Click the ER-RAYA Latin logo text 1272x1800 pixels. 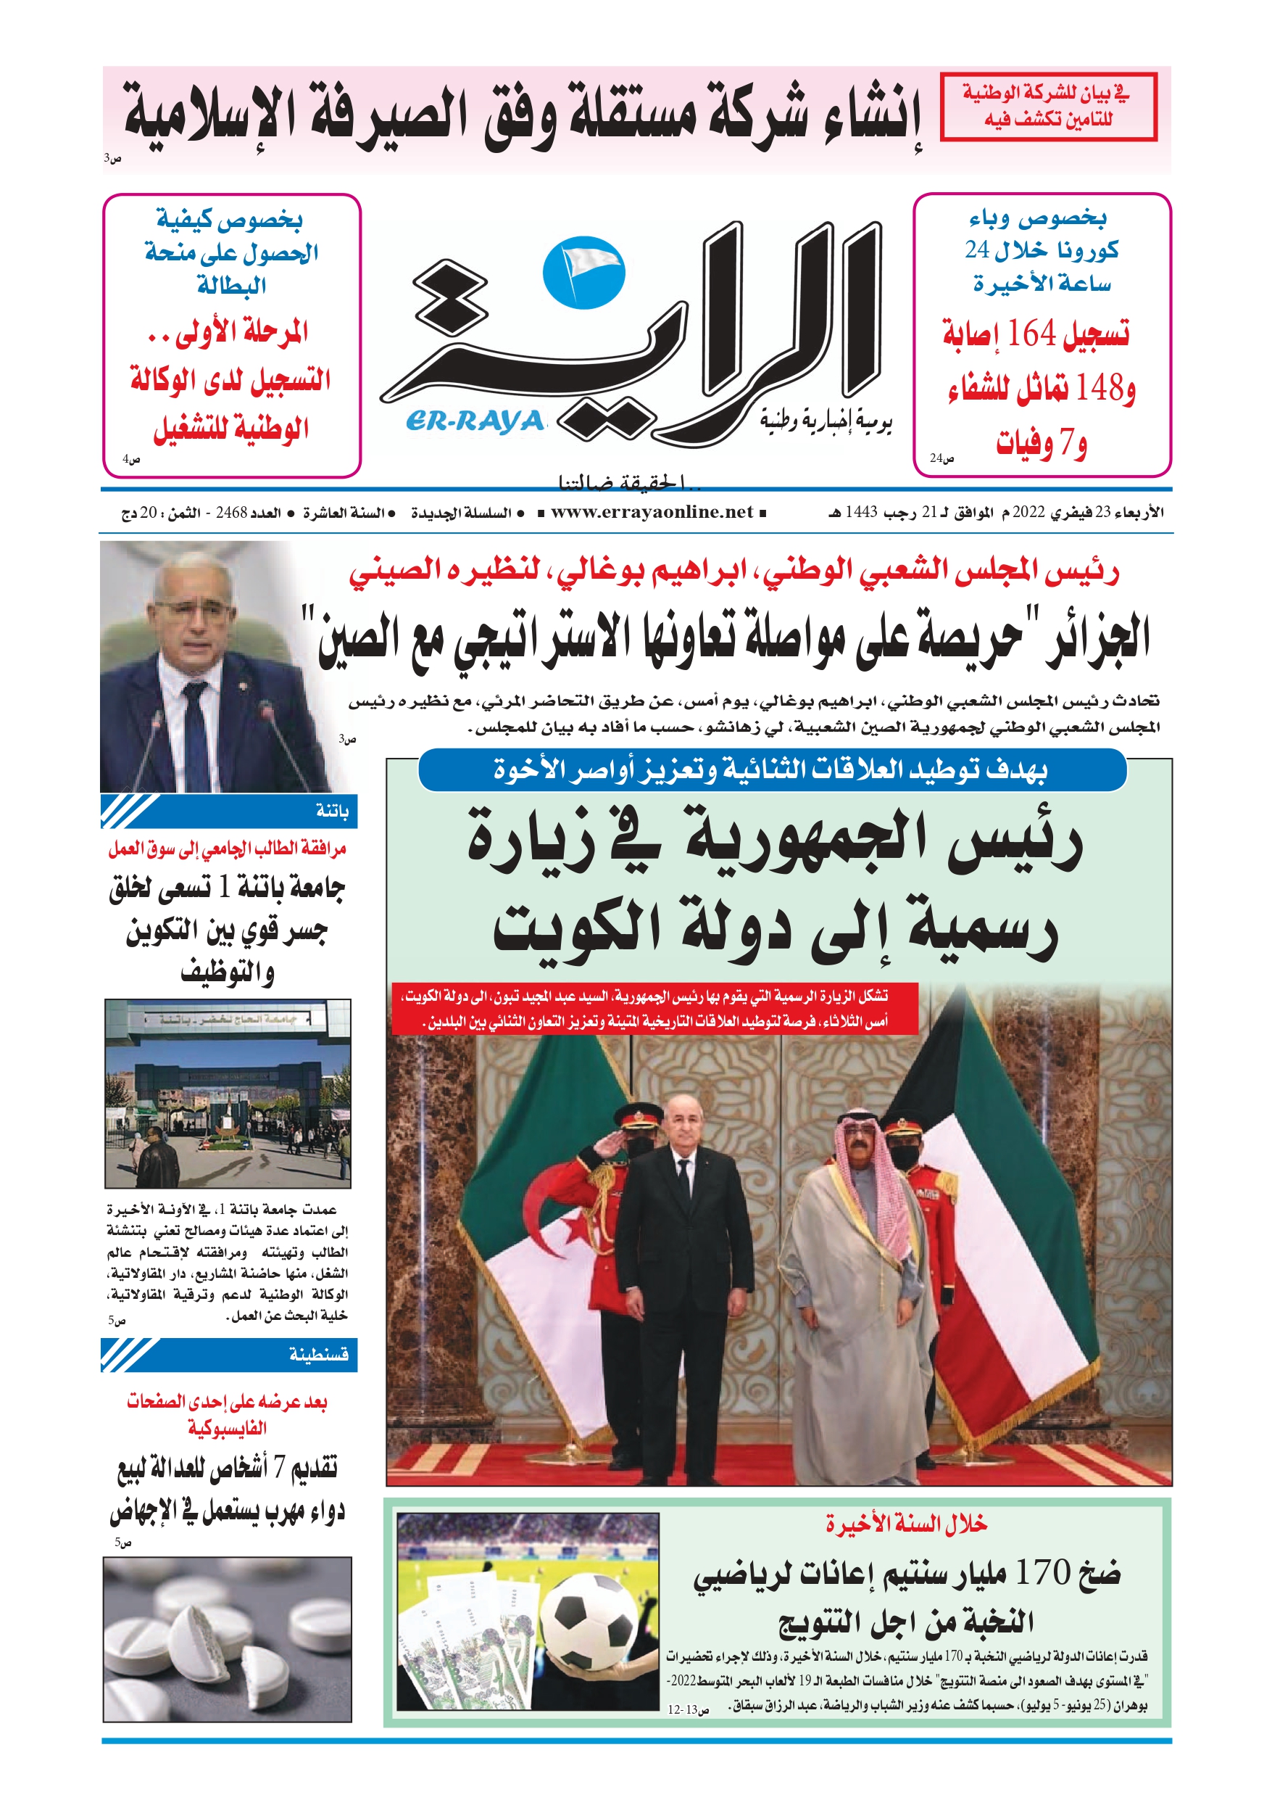[475, 421]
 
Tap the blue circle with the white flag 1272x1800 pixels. [583, 271]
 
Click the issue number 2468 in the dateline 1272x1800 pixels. [231, 513]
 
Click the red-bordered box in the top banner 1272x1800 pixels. [1048, 107]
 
